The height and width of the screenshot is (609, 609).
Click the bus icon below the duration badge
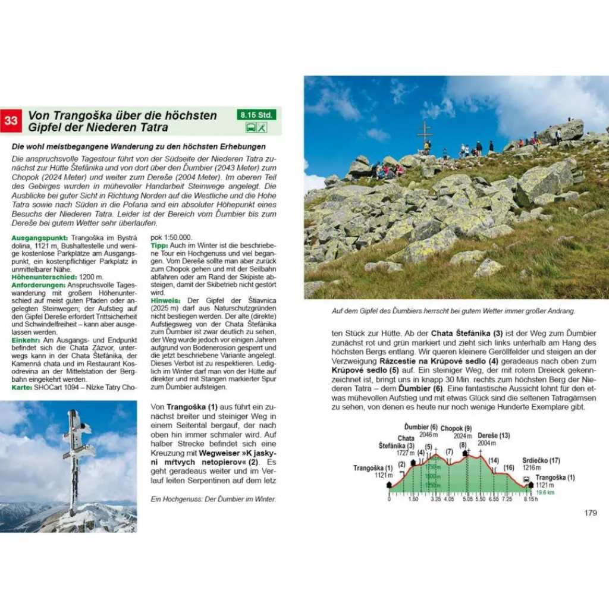pos(252,127)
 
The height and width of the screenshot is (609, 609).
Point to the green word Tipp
pos(159,245)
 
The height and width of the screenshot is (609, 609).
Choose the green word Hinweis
pos(165,300)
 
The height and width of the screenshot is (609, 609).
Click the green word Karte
pos(22,387)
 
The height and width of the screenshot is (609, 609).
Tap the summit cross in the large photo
pos(425,134)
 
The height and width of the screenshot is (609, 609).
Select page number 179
pos(590,513)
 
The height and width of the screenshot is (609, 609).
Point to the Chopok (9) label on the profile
pos(457,428)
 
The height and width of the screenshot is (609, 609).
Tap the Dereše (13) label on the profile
pos(494,435)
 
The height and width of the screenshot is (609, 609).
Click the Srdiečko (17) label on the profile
pos(539,460)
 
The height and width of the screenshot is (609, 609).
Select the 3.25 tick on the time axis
pos(435,500)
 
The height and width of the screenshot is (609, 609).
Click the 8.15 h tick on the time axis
pos(529,500)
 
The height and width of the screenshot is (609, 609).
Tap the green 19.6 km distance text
pos(544,492)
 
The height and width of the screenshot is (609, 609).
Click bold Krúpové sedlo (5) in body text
pos(362,370)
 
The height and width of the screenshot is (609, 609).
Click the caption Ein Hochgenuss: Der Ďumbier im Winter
pos(214,500)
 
